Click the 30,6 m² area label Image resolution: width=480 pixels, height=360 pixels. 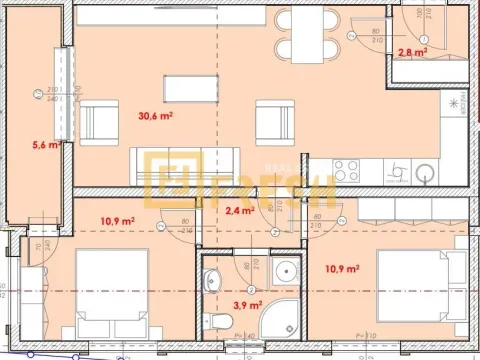coord(154,116)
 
